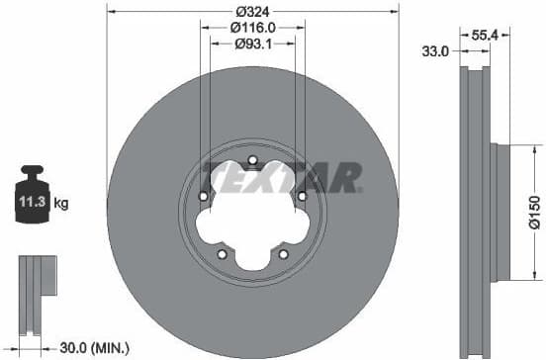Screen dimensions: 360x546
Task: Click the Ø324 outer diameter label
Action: tap(252, 12)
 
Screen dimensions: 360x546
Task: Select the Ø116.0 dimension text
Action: tap(252, 30)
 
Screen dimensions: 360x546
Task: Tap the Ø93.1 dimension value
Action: tap(252, 46)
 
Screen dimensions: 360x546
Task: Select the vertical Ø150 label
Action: tap(533, 214)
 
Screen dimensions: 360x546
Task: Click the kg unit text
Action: tap(61, 205)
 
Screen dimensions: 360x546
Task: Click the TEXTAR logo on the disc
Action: tap(281, 177)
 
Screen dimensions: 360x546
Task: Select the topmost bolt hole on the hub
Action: tap(252, 160)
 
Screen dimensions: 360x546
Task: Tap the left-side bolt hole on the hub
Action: tap(204, 196)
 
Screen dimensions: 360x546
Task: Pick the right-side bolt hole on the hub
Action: tap(302, 196)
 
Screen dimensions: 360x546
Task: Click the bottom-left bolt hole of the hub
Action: tap(223, 253)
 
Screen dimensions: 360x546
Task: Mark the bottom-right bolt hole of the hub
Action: tap(283, 253)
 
